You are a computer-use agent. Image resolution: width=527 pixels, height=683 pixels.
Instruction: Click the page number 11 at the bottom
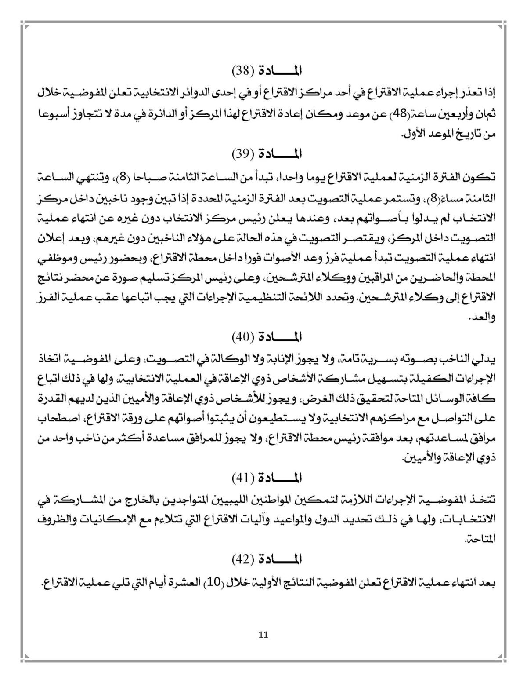tap(263, 635)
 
